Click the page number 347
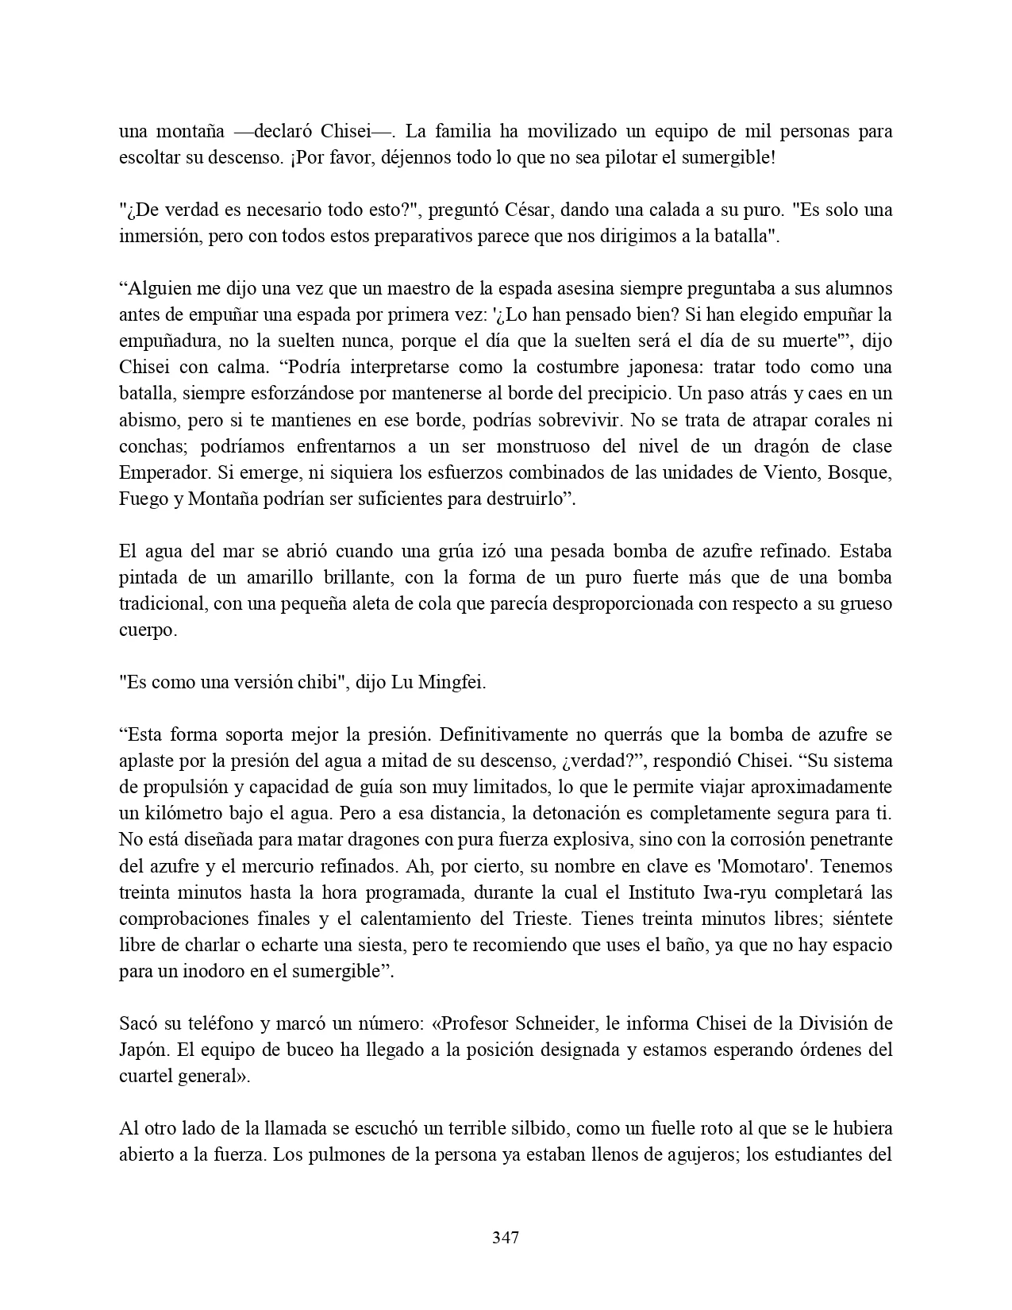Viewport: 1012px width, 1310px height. click(x=506, y=1238)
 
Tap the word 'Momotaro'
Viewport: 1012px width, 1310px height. click(x=779, y=866)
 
